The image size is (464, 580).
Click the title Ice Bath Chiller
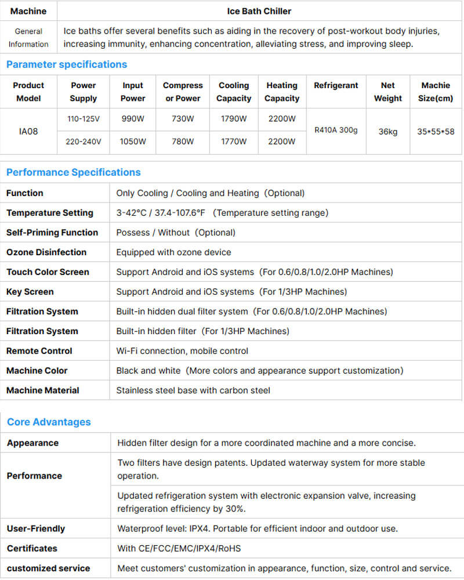tap(259, 11)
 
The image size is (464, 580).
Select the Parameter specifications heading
tap(66, 64)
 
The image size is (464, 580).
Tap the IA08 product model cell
tap(28, 131)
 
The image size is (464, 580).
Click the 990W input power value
tap(133, 119)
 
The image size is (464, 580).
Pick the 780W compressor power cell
tap(183, 142)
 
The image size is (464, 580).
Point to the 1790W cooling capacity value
tap(234, 119)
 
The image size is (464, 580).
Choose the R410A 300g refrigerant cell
tap(336, 130)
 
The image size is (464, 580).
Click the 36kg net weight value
tap(387, 132)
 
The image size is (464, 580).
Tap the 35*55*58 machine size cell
tap(436, 132)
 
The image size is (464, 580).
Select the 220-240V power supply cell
tap(84, 142)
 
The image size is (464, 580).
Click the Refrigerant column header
tap(336, 85)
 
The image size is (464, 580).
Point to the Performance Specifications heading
tap(73, 172)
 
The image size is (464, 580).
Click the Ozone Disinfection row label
tap(46, 252)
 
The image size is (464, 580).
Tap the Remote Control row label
tap(39, 351)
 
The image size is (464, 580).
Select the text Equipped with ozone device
tap(173, 252)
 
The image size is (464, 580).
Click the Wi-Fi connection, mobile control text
tap(182, 351)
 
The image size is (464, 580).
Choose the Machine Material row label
tap(43, 390)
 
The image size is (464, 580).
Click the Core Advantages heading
tap(49, 422)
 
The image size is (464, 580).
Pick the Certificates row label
tap(32, 548)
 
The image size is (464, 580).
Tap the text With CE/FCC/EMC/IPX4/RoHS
tap(179, 548)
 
